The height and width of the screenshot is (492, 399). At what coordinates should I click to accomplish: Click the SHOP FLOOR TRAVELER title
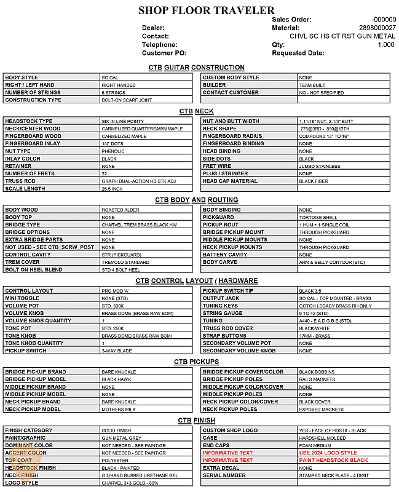(x=206, y=10)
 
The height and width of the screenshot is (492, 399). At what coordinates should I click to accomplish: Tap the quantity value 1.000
(x=385, y=45)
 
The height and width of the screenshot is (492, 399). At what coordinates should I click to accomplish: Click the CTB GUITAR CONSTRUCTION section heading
(x=196, y=67)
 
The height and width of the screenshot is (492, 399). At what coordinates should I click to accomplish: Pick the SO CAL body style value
(x=110, y=78)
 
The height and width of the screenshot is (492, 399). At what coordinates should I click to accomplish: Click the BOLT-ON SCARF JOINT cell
(x=127, y=100)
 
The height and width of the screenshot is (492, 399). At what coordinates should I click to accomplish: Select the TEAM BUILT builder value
(x=312, y=85)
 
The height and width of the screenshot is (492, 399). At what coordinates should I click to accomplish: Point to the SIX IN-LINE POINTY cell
(x=123, y=122)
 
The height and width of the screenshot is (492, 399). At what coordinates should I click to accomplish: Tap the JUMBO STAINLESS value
(x=319, y=166)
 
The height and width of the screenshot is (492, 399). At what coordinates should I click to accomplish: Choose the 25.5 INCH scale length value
(x=113, y=189)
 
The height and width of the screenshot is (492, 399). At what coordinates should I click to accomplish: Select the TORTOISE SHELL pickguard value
(x=318, y=218)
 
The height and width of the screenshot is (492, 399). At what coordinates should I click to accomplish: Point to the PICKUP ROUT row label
(x=221, y=225)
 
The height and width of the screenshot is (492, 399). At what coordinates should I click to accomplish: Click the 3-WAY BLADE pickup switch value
(x=117, y=351)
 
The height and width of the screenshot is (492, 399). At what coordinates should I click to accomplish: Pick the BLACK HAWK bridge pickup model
(x=117, y=379)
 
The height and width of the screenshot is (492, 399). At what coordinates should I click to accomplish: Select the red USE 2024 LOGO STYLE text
(x=328, y=453)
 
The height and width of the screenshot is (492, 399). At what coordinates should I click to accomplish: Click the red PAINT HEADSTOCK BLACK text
(x=333, y=460)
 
